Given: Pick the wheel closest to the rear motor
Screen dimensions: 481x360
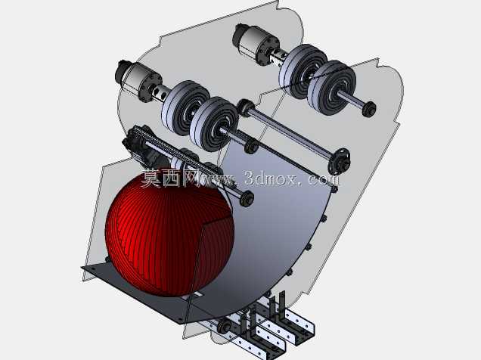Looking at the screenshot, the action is coord(303,70).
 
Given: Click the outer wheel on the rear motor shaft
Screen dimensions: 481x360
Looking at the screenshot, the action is coord(332,88).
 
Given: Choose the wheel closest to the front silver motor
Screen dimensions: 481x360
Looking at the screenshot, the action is coord(185,107).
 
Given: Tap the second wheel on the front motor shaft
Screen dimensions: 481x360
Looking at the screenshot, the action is coord(214,123).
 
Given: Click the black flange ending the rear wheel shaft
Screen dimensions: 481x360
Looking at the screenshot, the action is coord(369,109).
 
